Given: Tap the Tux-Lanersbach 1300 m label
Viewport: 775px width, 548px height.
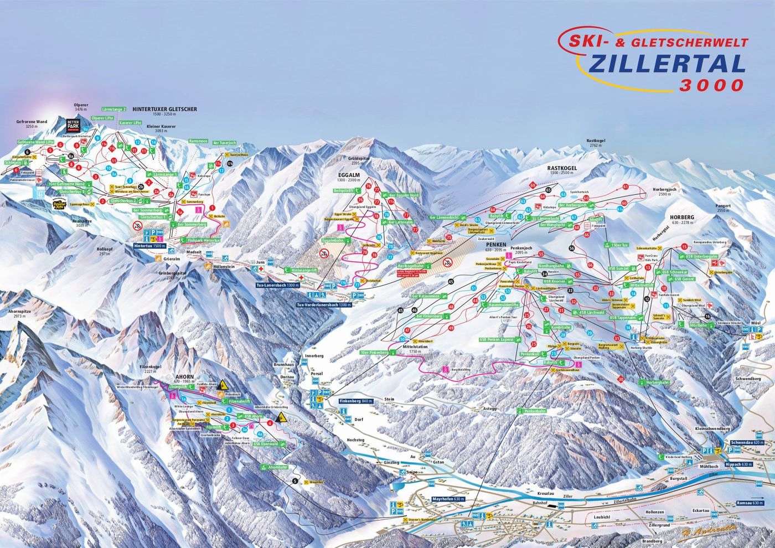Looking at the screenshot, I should pos(277,285).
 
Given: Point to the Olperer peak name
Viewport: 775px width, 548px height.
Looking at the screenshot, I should pos(81,105).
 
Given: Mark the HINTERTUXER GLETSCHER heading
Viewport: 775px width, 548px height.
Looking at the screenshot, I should pos(164,110).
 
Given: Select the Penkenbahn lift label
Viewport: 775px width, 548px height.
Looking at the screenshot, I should pos(531,411).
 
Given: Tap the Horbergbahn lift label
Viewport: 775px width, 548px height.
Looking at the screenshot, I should pos(657,382).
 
